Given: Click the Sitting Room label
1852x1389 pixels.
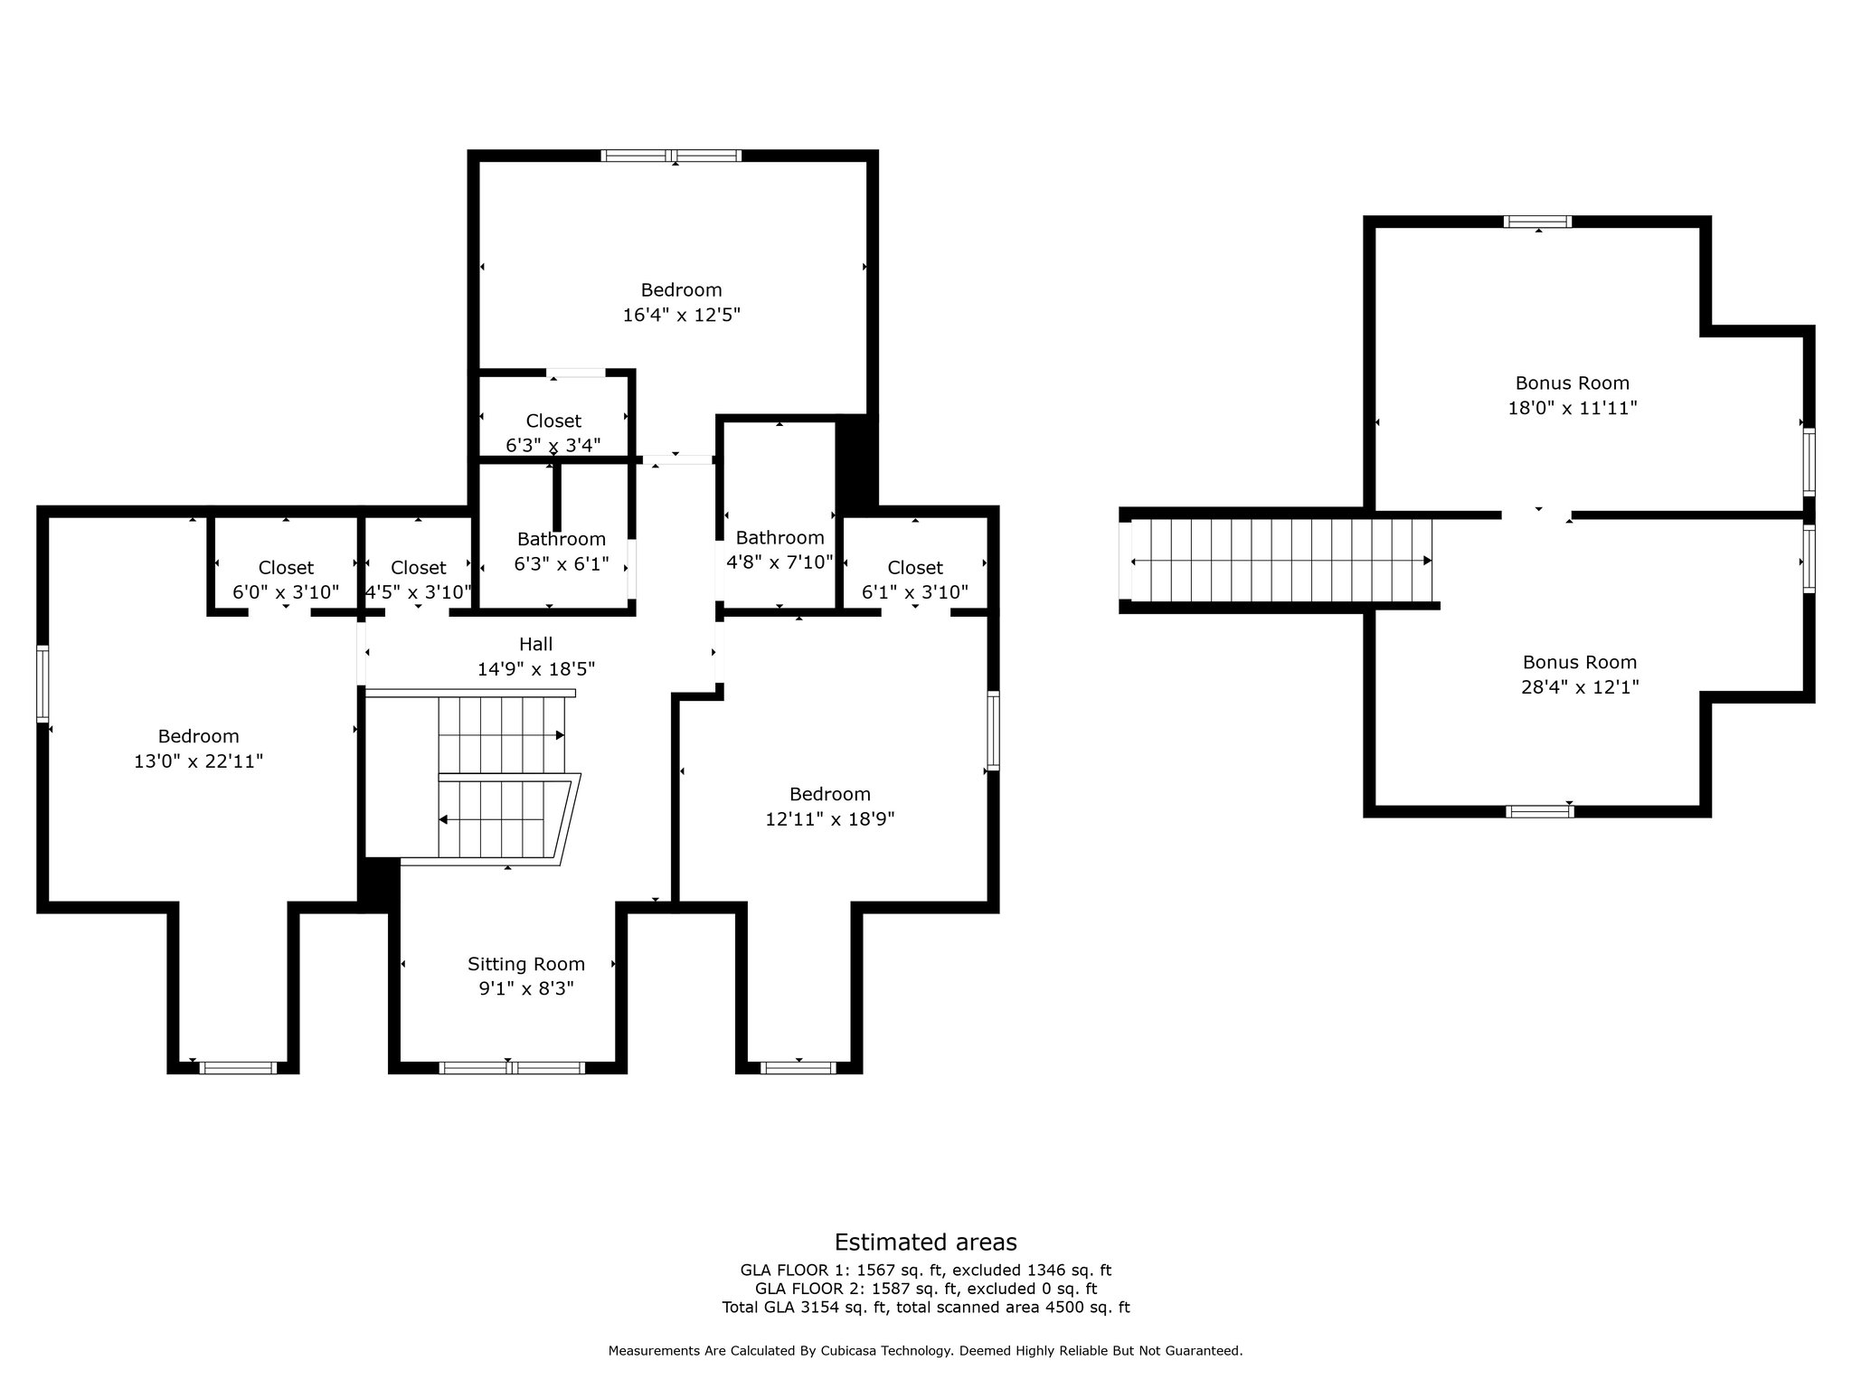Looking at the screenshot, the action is click(x=526, y=964).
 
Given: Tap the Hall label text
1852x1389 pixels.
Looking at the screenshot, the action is click(x=535, y=644).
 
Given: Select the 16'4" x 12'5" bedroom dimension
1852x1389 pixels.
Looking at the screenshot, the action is click(x=681, y=315).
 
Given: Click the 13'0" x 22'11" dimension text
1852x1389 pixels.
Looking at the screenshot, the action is click(x=198, y=761).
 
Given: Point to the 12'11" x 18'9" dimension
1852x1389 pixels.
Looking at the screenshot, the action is click(x=829, y=819).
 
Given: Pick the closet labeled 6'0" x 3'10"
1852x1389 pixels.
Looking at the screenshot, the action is click(x=286, y=580).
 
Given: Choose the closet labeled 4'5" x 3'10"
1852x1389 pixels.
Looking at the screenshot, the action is click(x=418, y=580).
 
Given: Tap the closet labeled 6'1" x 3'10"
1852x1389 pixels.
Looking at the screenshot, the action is click(x=915, y=580).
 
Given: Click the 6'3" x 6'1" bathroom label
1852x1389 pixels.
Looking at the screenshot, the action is click(x=561, y=552).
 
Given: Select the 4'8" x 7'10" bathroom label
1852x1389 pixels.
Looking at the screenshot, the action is click(x=779, y=550).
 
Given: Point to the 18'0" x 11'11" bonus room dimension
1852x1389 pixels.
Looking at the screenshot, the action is click(x=1573, y=408).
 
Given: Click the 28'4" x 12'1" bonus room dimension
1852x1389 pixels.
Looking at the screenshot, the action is click(x=1580, y=686).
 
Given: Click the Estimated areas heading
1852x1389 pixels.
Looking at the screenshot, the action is click(x=925, y=1242).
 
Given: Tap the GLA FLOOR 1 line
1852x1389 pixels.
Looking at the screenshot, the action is click(x=925, y=1271).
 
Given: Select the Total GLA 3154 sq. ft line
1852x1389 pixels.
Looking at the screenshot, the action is click(x=925, y=1307).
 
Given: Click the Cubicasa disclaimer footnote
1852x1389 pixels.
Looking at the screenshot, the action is click(x=925, y=1351).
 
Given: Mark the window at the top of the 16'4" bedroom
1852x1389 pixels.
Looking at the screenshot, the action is click(x=672, y=156).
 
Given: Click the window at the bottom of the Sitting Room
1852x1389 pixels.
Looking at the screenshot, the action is click(x=512, y=1068).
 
